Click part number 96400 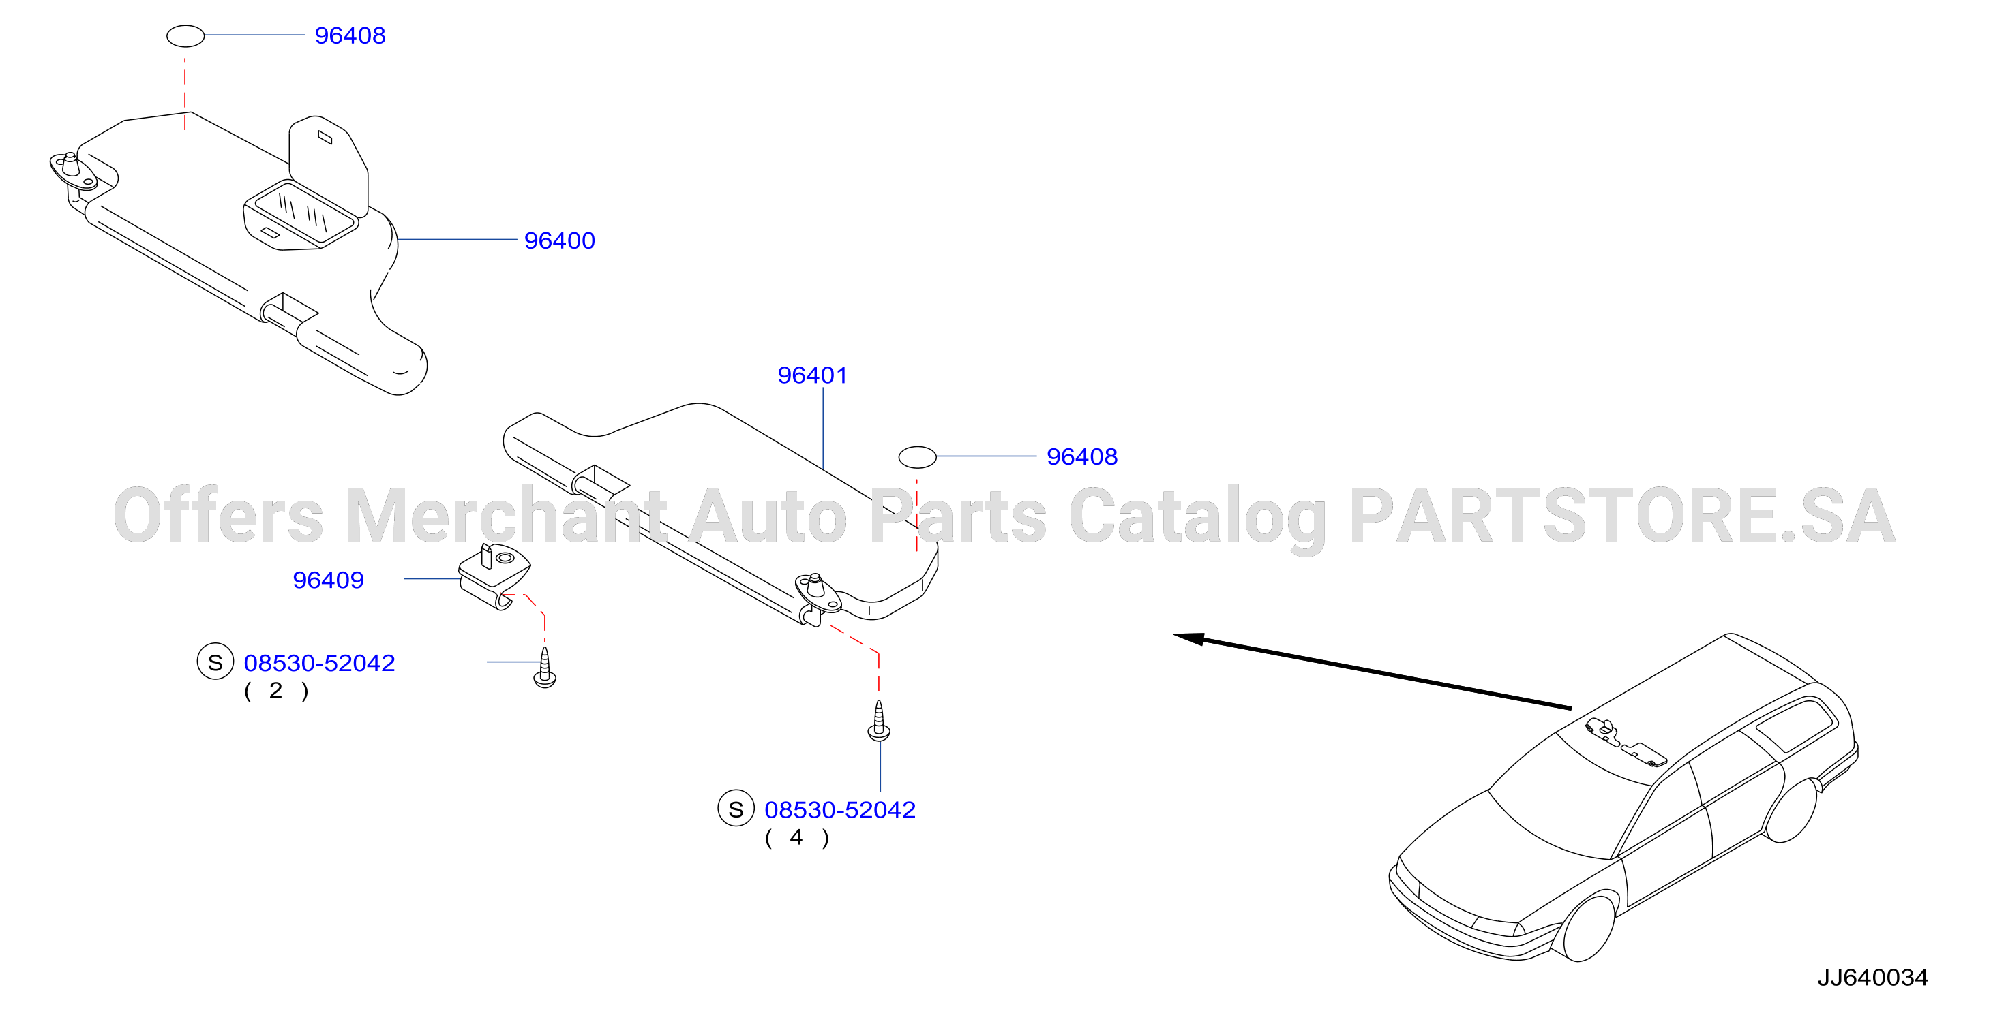click(559, 240)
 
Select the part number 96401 click(812, 375)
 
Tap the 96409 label click(328, 580)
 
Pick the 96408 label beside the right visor click(1081, 457)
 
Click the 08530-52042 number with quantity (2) click(319, 663)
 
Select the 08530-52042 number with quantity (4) click(839, 810)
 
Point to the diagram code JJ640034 click(1873, 978)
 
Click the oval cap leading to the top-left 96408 click(185, 36)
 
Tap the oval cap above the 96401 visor click(917, 458)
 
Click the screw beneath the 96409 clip click(545, 668)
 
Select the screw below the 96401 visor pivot click(879, 721)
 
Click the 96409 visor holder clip click(494, 576)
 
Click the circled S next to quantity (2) click(215, 662)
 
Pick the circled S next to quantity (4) click(736, 809)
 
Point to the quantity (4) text click(796, 838)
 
